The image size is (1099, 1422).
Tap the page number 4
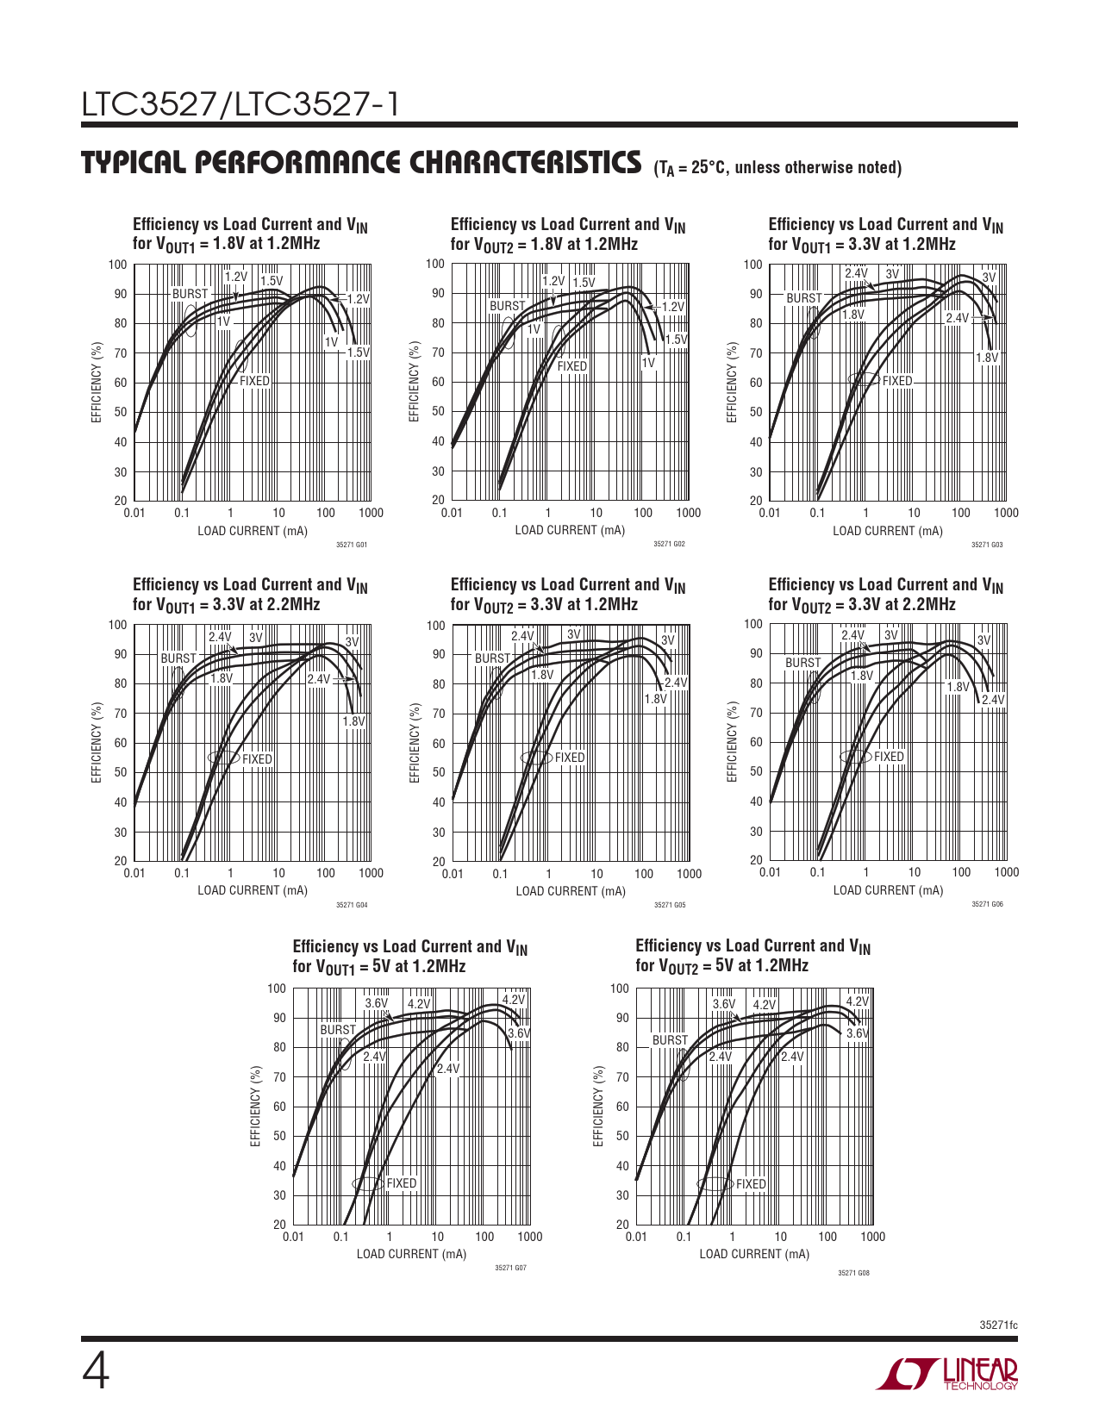pos(96,1374)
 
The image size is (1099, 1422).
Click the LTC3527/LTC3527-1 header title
pos(240,104)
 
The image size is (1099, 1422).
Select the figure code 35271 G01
pos(352,545)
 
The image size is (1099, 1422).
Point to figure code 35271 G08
pos(853,1273)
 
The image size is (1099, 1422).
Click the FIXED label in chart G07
pos(401,1183)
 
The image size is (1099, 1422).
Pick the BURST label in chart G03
pos(803,298)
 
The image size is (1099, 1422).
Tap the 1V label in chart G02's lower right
pos(648,363)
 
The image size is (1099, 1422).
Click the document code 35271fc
pos(998,1325)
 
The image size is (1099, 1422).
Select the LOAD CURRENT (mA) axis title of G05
pos(571,891)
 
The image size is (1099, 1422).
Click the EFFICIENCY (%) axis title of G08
pos(598,1106)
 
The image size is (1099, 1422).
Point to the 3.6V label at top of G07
pos(377,1003)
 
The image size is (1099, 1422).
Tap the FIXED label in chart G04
pos(257,759)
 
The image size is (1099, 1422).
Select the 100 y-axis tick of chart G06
pos(754,624)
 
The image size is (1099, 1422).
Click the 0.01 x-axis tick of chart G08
pos(636,1237)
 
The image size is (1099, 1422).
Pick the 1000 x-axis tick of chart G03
pos(1006,513)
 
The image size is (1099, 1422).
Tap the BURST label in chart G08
pos(670,1040)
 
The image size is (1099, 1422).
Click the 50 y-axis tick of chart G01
pos(119,412)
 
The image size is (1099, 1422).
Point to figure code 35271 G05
pos(670,905)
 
